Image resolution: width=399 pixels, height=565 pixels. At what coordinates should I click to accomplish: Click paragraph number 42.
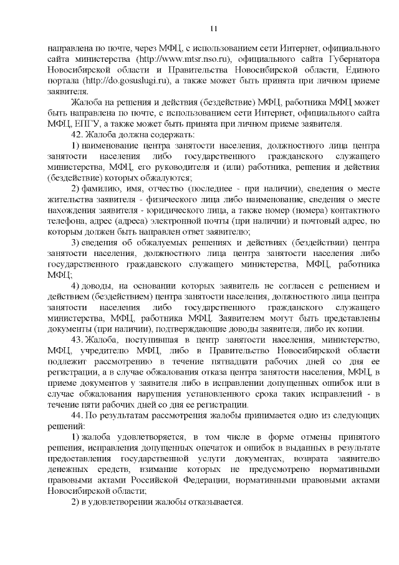(78, 134)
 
